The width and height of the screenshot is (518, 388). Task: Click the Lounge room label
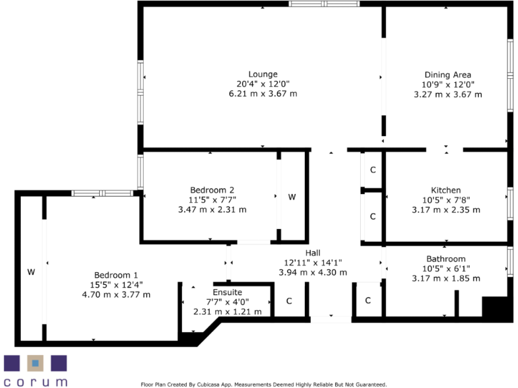263,74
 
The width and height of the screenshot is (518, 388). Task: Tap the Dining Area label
448,75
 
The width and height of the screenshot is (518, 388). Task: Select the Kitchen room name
446,190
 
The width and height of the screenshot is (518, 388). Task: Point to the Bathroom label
446,259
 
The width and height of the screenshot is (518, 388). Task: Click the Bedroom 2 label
212,190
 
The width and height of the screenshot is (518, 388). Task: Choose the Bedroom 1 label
116,275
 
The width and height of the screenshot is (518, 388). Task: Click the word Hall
312,253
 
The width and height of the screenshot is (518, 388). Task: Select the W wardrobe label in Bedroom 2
292,197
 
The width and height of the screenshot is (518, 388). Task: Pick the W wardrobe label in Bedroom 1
31,272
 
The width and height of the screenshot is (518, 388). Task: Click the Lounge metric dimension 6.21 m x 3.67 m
263,94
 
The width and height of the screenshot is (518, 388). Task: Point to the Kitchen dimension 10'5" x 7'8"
446,200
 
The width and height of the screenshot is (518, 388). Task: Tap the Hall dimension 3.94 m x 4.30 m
312,272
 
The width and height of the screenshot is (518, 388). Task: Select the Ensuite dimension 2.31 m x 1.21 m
223,312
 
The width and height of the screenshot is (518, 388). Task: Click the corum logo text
36,382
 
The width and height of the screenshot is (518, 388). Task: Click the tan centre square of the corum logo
36,364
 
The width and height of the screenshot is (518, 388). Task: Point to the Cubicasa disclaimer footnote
263,385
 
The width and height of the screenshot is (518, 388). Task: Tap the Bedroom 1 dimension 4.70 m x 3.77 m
116,294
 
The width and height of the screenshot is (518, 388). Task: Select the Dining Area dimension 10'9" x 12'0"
448,85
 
